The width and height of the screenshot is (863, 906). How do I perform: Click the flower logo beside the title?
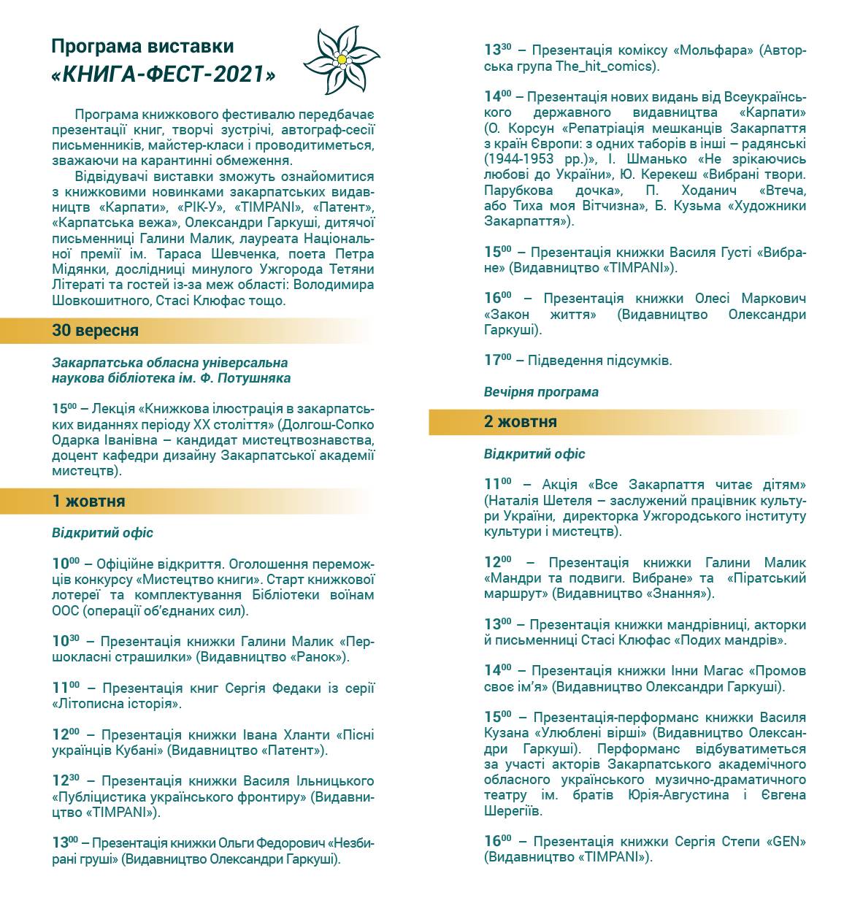tap(341, 59)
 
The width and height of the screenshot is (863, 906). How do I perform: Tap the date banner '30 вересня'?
tap(95, 331)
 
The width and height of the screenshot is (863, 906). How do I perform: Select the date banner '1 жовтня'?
tap(88, 502)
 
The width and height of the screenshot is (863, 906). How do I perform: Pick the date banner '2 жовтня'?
tap(520, 422)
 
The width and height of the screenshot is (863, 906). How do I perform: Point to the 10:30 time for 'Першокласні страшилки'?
tap(66, 641)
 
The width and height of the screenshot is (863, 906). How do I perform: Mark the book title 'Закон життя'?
tap(540, 315)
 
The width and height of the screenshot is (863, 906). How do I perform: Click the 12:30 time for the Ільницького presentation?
tap(66, 781)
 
